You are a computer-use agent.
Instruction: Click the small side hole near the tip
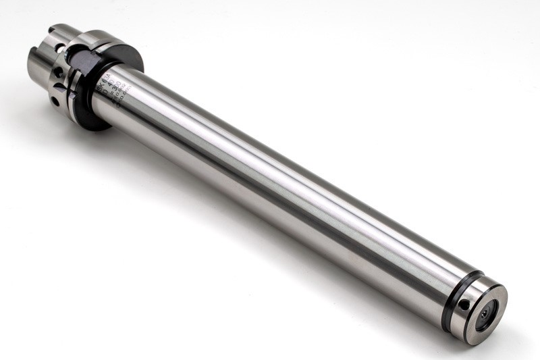click(464, 305)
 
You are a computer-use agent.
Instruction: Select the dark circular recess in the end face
click(487, 315)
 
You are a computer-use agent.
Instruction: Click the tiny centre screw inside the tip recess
click(488, 317)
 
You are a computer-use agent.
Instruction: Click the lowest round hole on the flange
click(54, 100)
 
